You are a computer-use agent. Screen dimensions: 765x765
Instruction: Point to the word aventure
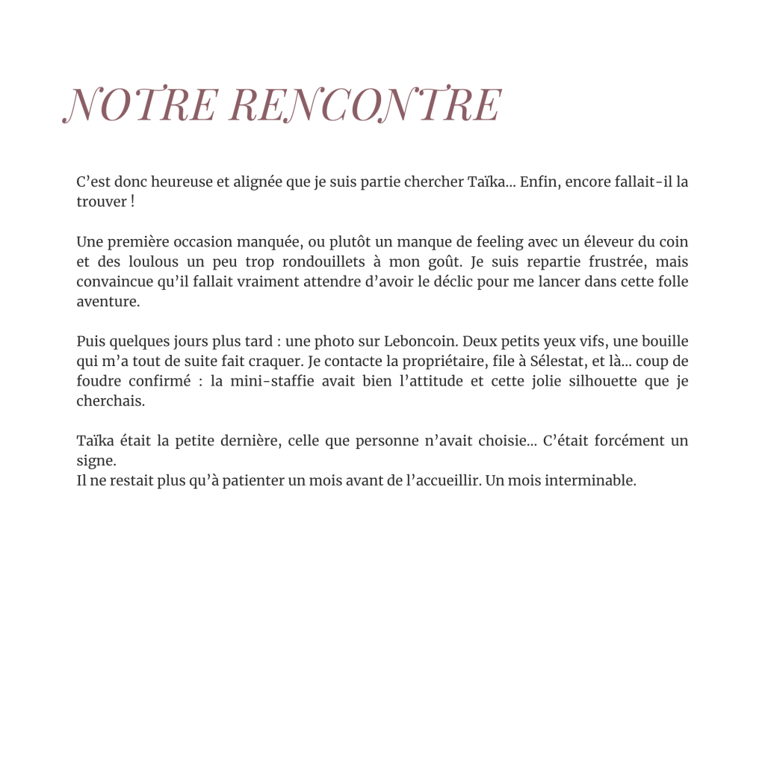coord(107,303)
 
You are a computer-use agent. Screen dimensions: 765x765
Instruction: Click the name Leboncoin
coord(419,342)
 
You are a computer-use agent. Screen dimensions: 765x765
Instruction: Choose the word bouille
coord(663,342)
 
